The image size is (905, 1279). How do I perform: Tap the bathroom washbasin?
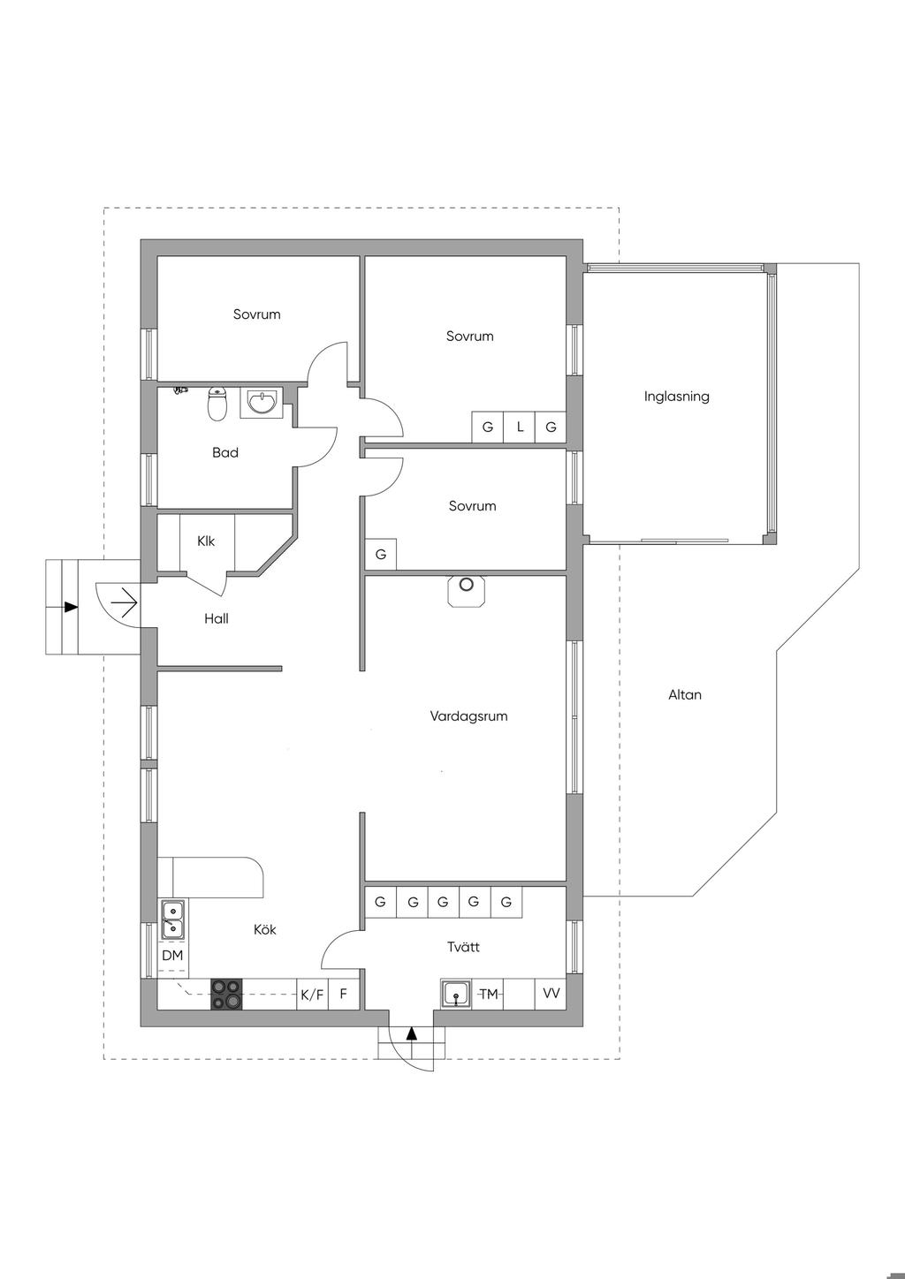(x=260, y=403)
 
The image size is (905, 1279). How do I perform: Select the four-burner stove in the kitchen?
(x=225, y=994)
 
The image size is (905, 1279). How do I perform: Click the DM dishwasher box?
(x=172, y=956)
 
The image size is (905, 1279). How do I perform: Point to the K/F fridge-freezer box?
(x=312, y=995)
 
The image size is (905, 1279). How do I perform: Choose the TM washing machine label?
(x=489, y=994)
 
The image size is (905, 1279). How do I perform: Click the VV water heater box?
(x=551, y=994)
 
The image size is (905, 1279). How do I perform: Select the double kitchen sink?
(x=173, y=919)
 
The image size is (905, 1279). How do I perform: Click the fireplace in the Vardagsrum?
(x=467, y=590)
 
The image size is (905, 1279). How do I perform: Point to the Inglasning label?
(x=676, y=397)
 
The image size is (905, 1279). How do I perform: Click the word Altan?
(x=684, y=695)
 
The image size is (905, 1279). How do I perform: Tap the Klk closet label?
(x=206, y=541)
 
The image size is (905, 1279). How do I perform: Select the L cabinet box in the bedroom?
(x=520, y=428)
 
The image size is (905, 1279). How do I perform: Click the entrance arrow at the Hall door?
(x=123, y=604)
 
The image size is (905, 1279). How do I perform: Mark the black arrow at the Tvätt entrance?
(x=411, y=1033)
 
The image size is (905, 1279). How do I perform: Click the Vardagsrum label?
(x=468, y=716)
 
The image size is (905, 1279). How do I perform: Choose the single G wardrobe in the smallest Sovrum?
(x=381, y=555)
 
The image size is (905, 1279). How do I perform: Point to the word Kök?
(x=264, y=929)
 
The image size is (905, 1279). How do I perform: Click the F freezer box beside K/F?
(x=344, y=995)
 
